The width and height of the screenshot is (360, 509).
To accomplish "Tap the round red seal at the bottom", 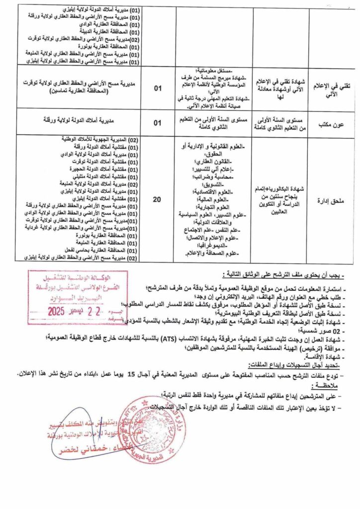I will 149,428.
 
